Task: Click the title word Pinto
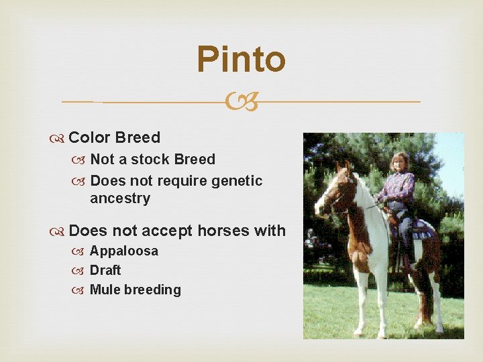coord(241,60)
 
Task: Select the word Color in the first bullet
coord(90,138)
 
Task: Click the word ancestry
coord(120,198)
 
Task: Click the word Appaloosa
coord(124,251)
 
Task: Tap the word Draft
coord(105,270)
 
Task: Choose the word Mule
coord(105,290)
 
